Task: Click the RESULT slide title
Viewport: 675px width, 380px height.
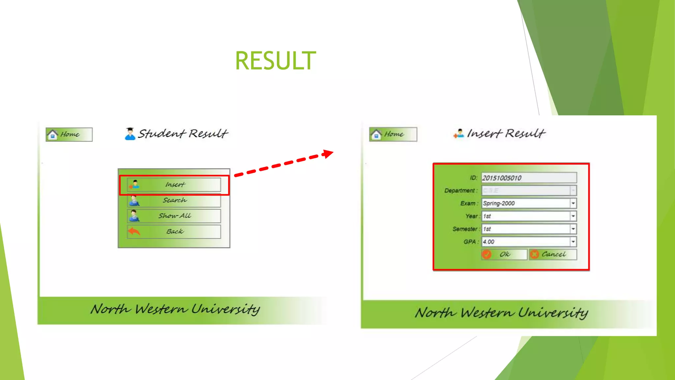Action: click(276, 61)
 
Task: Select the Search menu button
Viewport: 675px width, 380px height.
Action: click(174, 201)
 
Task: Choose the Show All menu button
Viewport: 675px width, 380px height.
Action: click(174, 216)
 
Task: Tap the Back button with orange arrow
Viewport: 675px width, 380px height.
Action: click(174, 232)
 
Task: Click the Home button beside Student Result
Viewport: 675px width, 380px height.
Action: click(69, 135)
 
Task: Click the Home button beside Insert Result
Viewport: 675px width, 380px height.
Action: click(393, 134)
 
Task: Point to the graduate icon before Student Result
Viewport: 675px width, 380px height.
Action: click(130, 134)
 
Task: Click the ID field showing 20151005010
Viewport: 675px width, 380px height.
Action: click(529, 178)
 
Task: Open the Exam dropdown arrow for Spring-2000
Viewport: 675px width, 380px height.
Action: click(573, 203)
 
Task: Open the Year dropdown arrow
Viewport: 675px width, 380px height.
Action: click(573, 216)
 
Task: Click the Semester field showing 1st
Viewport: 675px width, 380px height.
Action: click(526, 229)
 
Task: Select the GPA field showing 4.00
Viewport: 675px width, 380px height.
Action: click(526, 242)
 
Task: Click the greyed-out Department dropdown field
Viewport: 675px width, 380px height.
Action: click(526, 190)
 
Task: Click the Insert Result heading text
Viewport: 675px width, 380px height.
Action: click(506, 134)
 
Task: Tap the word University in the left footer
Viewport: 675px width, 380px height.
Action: click(225, 309)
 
